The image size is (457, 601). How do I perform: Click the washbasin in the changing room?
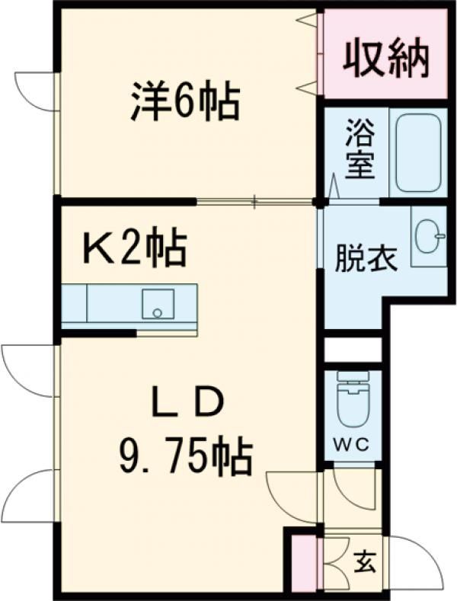point(428,238)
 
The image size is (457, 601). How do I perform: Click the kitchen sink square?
point(158,304)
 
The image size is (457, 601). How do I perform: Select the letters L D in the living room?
point(187,401)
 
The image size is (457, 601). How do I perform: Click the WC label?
point(351,446)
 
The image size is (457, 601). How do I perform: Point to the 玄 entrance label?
point(366,564)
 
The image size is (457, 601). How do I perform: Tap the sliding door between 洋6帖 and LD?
point(255,202)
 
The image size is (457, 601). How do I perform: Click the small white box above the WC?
point(351,350)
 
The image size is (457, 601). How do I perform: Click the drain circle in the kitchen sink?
point(158,312)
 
